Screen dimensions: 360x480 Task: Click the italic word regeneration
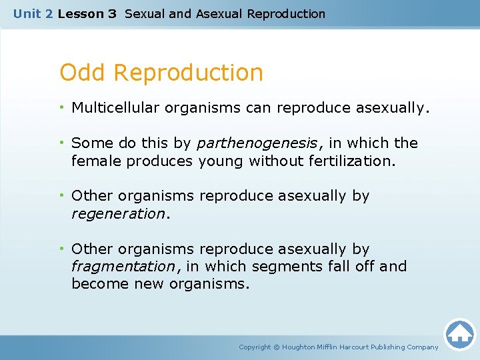pyautogui.click(x=118, y=213)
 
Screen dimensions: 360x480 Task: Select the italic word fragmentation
pyautogui.click(x=123, y=266)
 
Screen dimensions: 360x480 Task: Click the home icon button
pyautogui.click(x=459, y=334)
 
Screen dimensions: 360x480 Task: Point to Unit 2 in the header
pyautogui.click(x=33, y=13)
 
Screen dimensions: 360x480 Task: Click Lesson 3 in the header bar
pyautogui.click(x=87, y=13)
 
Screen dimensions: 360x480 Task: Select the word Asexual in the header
pyautogui.click(x=219, y=13)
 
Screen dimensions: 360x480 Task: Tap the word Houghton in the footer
pyautogui.click(x=298, y=347)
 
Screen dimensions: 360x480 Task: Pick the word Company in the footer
pyautogui.click(x=422, y=347)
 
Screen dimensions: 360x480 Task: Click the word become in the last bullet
pyautogui.click(x=95, y=283)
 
